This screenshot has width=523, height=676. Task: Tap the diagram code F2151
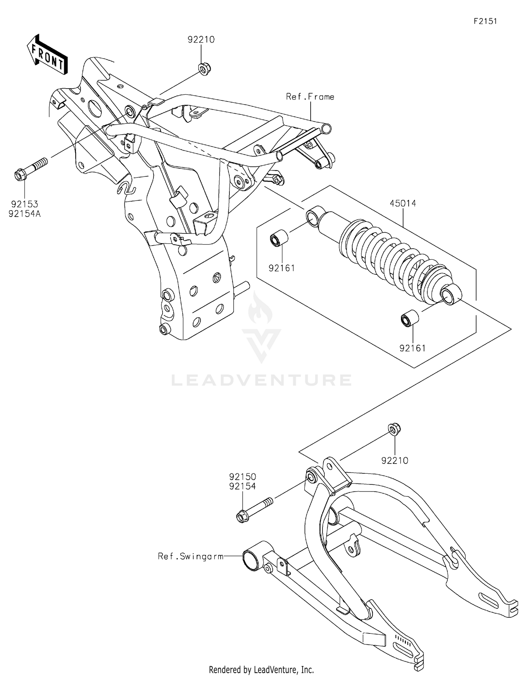click(x=485, y=21)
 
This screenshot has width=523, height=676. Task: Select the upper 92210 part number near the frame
click(x=201, y=40)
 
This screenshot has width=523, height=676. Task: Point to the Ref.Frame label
click(x=310, y=97)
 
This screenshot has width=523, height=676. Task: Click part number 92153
click(x=24, y=204)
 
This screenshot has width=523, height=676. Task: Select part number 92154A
click(x=25, y=214)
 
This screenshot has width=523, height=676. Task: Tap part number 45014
click(x=403, y=203)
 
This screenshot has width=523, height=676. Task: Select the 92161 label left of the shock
click(x=282, y=268)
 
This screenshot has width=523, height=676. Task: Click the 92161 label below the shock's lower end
click(x=412, y=348)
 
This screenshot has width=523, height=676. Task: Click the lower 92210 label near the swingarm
click(x=395, y=461)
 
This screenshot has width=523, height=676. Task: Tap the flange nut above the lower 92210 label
click(x=394, y=429)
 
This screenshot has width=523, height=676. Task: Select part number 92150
click(x=243, y=476)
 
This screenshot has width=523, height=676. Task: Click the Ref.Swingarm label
click(x=191, y=556)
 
